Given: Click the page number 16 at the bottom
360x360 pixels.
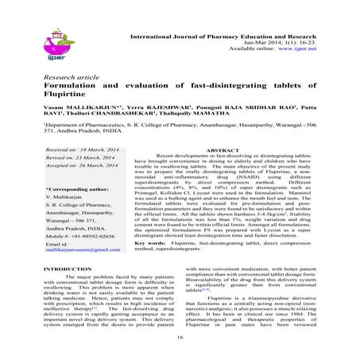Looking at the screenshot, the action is [180, 338].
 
